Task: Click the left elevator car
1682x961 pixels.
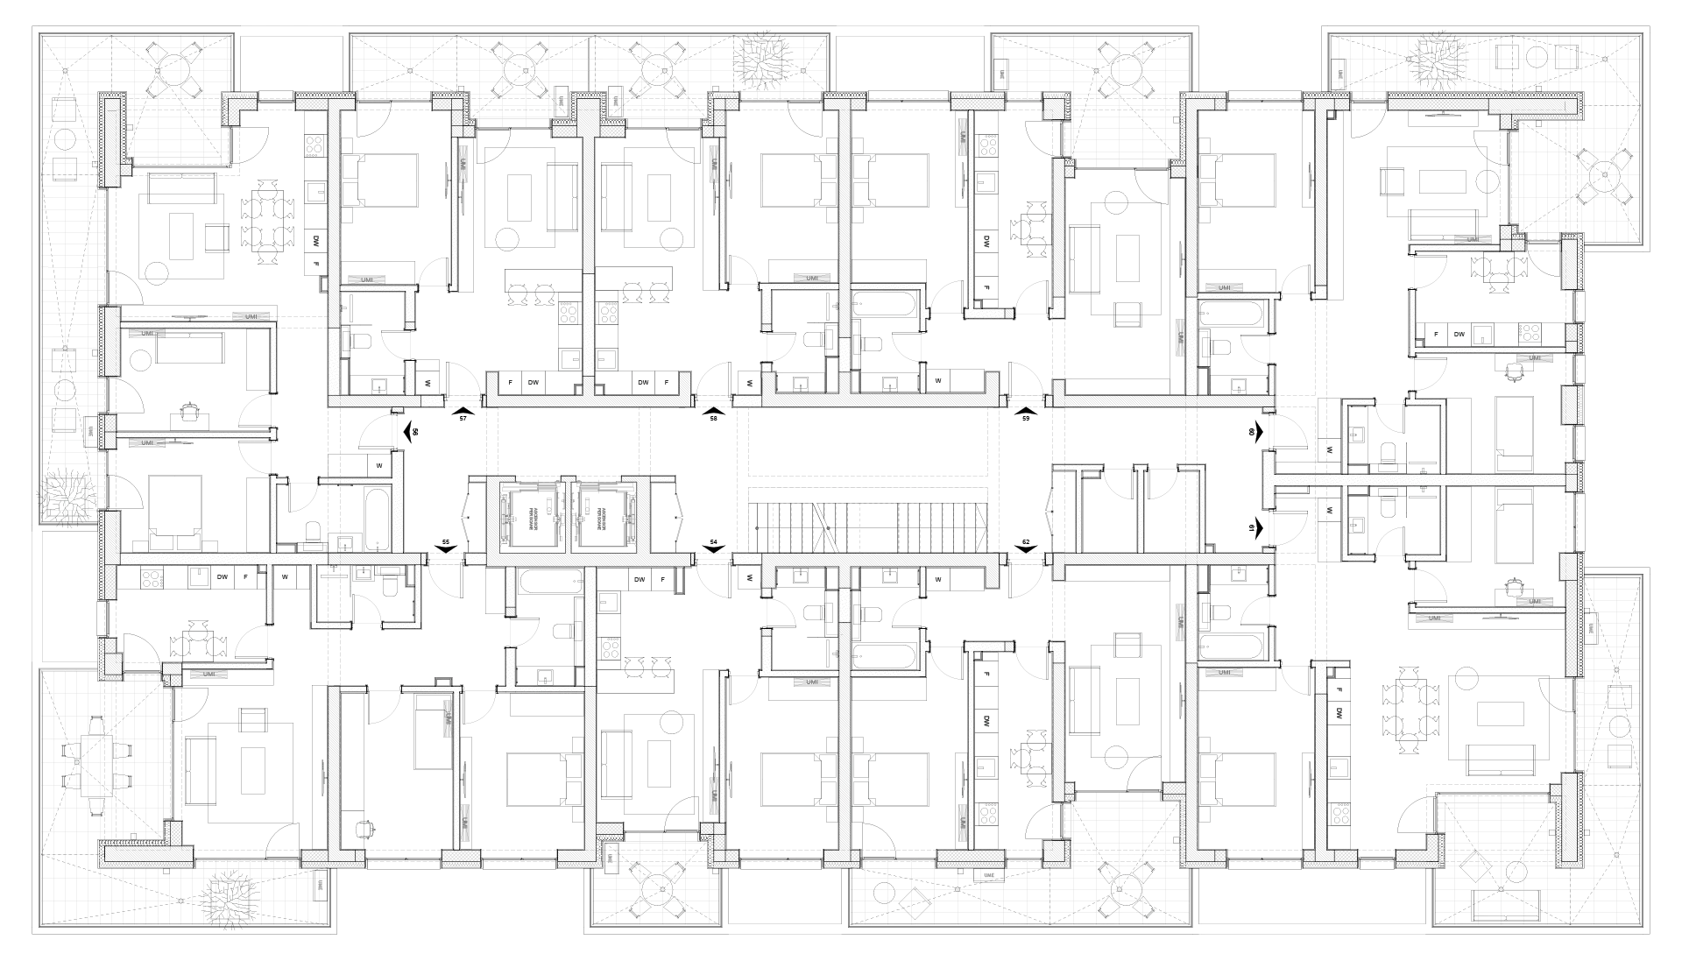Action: pos(529,517)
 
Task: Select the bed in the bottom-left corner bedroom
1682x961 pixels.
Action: pos(241,767)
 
